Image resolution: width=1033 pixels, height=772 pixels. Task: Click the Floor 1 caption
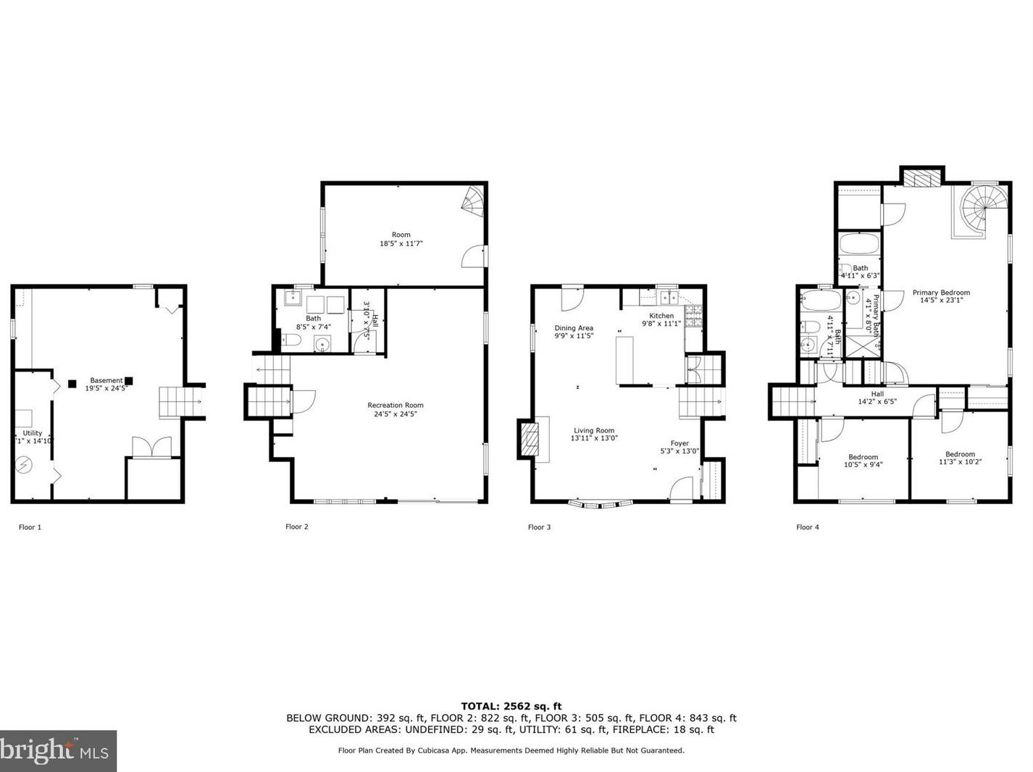click(x=30, y=527)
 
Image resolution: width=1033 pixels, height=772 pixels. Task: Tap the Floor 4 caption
click(x=807, y=527)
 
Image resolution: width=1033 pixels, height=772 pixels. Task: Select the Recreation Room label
click(x=395, y=406)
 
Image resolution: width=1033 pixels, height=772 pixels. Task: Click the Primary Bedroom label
click(x=941, y=293)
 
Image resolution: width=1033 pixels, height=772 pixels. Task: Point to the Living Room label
click(x=594, y=431)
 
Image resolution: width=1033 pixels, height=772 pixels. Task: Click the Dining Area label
click(x=574, y=328)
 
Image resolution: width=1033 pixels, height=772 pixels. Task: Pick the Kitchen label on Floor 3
click(x=661, y=316)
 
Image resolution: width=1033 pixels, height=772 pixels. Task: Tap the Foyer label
click(x=679, y=443)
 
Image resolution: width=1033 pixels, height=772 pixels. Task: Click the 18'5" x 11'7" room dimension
click(x=401, y=244)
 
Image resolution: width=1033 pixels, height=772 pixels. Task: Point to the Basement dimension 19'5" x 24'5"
click(x=106, y=389)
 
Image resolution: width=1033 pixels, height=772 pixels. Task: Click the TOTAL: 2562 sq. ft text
click(x=511, y=706)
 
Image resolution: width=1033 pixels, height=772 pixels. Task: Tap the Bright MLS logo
click(x=58, y=750)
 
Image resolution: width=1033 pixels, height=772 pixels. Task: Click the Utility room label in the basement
click(x=33, y=433)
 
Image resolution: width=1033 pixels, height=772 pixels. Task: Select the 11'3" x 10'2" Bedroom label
click(x=960, y=455)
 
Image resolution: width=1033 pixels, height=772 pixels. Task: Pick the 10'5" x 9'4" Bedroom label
click(x=863, y=457)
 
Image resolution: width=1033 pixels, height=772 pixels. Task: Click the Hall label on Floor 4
click(x=877, y=394)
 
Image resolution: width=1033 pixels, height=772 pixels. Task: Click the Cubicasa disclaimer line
click(x=511, y=750)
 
